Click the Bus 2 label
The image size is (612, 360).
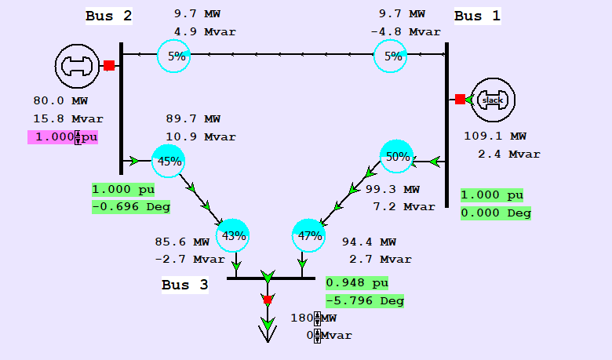click(109, 16)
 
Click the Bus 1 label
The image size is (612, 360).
click(477, 16)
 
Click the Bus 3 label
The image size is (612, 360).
click(185, 285)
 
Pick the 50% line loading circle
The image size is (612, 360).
click(397, 157)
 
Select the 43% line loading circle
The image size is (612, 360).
click(233, 235)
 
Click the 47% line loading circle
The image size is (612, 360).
click(308, 235)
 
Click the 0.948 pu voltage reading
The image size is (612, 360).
click(357, 283)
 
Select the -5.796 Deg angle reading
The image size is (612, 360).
click(365, 300)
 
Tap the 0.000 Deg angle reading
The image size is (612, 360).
click(495, 213)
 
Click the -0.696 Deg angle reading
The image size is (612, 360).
click(130, 207)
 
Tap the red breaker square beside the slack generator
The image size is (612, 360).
click(460, 100)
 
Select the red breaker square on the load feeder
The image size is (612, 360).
click(268, 300)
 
